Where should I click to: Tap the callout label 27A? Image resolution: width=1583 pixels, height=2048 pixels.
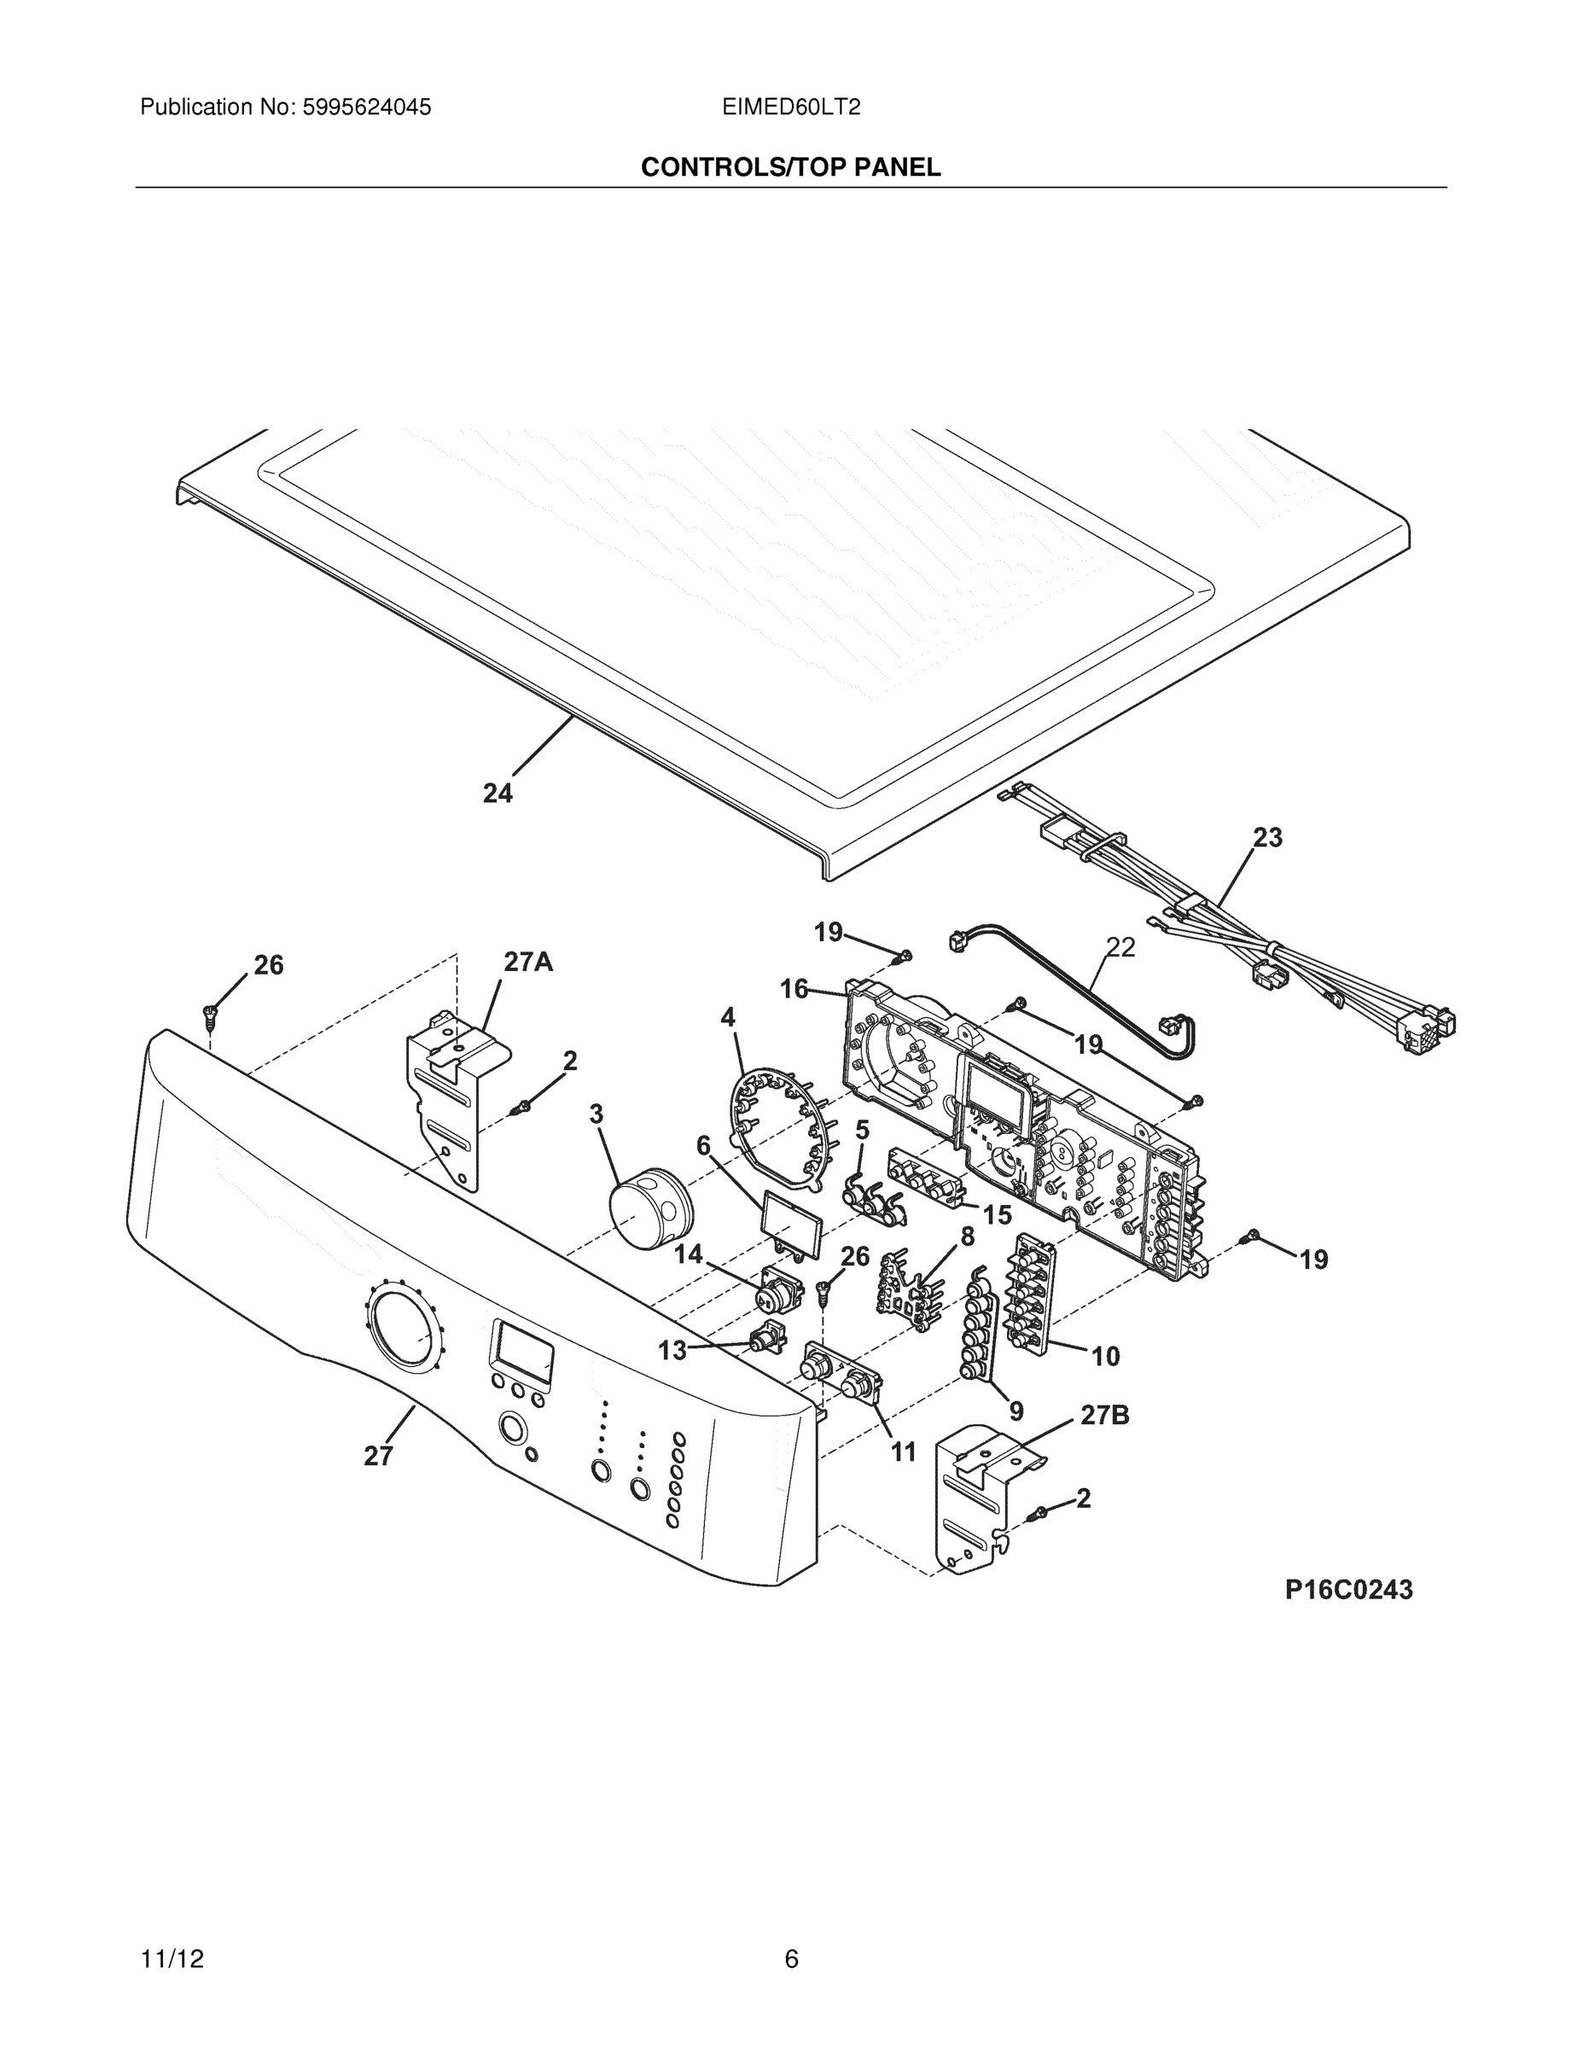pyautogui.click(x=528, y=961)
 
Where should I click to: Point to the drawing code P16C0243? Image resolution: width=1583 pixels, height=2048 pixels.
pyautogui.click(x=1348, y=1590)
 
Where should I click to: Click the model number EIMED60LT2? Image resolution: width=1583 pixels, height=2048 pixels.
pyautogui.click(x=790, y=107)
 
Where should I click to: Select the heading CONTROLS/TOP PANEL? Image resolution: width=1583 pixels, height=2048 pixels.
pyautogui.click(x=790, y=167)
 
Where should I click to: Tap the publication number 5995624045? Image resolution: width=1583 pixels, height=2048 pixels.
pyautogui.click(x=366, y=107)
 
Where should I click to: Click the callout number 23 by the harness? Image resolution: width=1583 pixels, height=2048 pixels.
pyautogui.click(x=1267, y=837)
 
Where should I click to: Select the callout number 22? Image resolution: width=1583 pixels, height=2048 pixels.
pyautogui.click(x=1120, y=947)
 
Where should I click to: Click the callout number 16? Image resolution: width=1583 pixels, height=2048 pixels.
pyautogui.click(x=794, y=988)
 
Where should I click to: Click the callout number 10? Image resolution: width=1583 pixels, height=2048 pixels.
pyautogui.click(x=1106, y=1356)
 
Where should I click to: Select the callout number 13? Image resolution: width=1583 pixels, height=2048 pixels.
pyautogui.click(x=672, y=1350)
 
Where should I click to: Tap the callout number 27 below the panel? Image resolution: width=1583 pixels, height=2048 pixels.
pyautogui.click(x=378, y=1457)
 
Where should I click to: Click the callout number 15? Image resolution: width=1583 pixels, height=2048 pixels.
pyautogui.click(x=997, y=1215)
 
